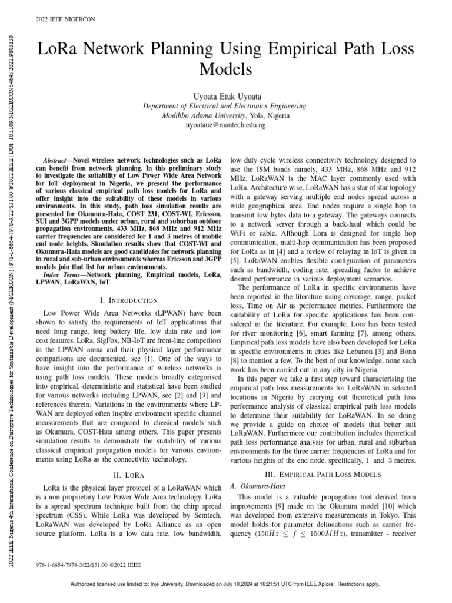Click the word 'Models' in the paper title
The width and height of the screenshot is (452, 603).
pyautogui.click(x=225, y=69)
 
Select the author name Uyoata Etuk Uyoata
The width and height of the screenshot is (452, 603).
pyautogui.click(x=225, y=95)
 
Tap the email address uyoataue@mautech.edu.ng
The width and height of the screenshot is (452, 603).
pyautogui.click(x=225, y=125)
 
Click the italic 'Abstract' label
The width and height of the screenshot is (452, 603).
pyautogui.click(x=58, y=160)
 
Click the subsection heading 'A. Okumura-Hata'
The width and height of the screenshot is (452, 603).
pyautogui.click(x=256, y=486)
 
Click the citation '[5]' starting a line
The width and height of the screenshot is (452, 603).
pyautogui.click(x=234, y=259)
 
